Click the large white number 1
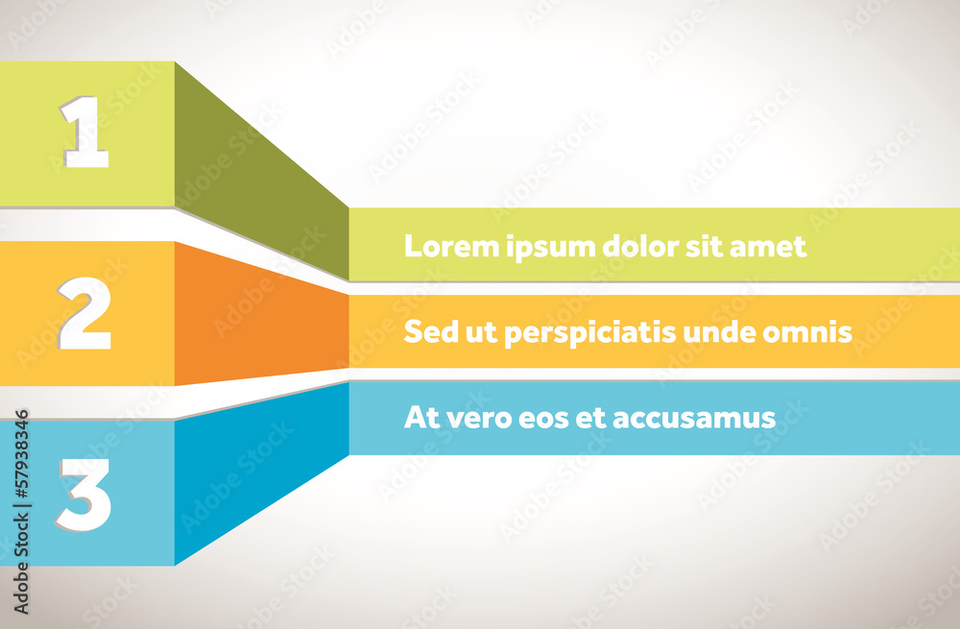(x=86, y=133)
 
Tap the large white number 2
(x=85, y=313)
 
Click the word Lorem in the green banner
(x=440, y=246)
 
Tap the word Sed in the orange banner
(x=425, y=332)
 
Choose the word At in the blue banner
(x=418, y=418)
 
